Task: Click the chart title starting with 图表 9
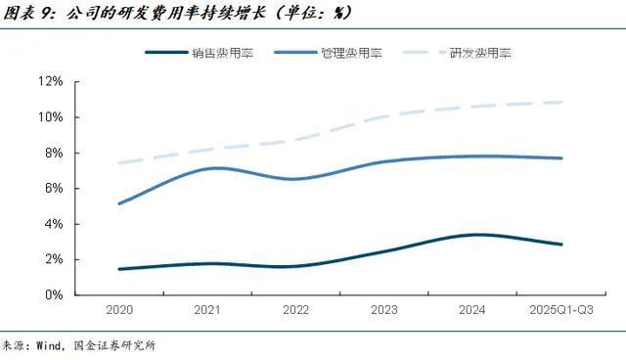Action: [176, 13]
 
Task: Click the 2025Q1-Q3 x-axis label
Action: [561, 310]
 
